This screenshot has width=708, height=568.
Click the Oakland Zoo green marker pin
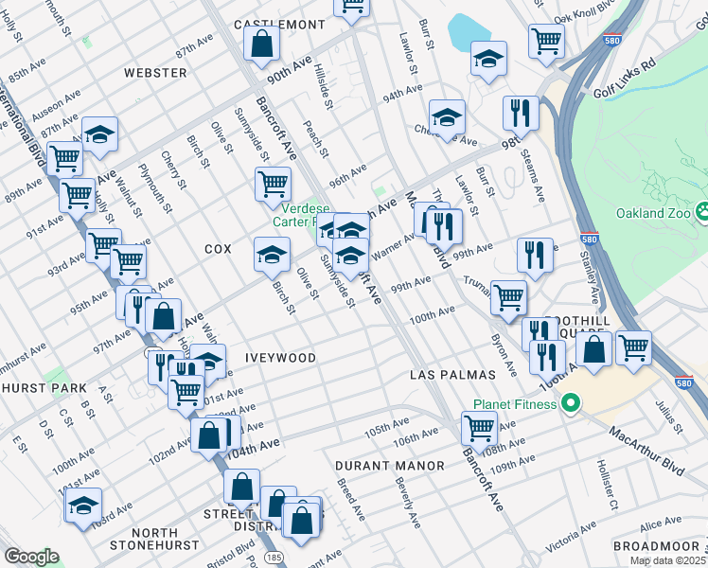[x=702, y=212]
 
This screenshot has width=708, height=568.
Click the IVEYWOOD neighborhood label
[x=280, y=358]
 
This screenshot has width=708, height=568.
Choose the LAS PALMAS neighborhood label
[x=447, y=375]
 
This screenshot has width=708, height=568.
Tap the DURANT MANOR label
[x=389, y=466]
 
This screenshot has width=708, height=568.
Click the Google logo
[x=30, y=557]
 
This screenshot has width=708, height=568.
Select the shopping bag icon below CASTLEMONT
[x=260, y=43]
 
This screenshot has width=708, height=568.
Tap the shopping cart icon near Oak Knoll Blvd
[x=546, y=41]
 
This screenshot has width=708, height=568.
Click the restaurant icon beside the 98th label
[x=519, y=114]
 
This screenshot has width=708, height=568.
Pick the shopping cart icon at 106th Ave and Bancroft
[x=479, y=428]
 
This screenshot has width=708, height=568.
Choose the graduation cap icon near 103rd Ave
[x=83, y=505]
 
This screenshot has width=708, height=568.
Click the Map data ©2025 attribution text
[x=667, y=560]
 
